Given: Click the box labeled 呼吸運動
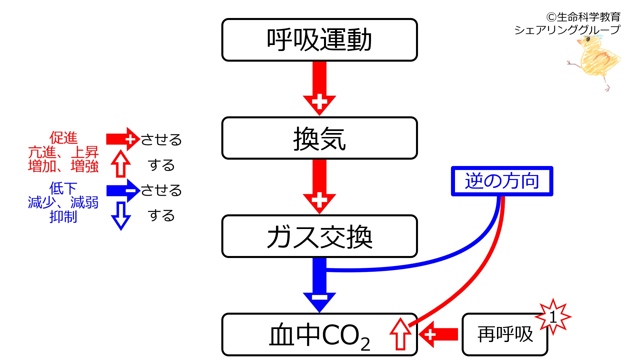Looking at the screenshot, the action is [319, 40].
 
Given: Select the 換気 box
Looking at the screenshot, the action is [319, 138].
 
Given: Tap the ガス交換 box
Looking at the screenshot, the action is [319, 236].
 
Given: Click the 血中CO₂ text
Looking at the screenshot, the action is [319, 336].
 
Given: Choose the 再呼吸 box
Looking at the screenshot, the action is [505, 334].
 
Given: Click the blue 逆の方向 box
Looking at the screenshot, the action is [502, 181].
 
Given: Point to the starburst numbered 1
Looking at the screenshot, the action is [553, 317].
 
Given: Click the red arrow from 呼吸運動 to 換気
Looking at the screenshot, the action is [319, 89].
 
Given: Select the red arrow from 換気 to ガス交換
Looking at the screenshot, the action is [319, 187].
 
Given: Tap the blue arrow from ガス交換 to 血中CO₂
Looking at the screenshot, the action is [319, 285].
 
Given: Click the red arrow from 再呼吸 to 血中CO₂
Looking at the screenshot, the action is [438, 334].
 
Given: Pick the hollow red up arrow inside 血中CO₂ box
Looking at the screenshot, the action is [400, 334].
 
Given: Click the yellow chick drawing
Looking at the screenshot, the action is [595, 62].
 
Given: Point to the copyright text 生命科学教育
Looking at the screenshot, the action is [588, 17].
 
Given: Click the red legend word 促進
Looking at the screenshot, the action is [63, 138].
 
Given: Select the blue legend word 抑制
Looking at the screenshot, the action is [63, 217].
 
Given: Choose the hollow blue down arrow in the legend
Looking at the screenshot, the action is [121, 216].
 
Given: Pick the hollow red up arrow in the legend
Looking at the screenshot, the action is [121, 164].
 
